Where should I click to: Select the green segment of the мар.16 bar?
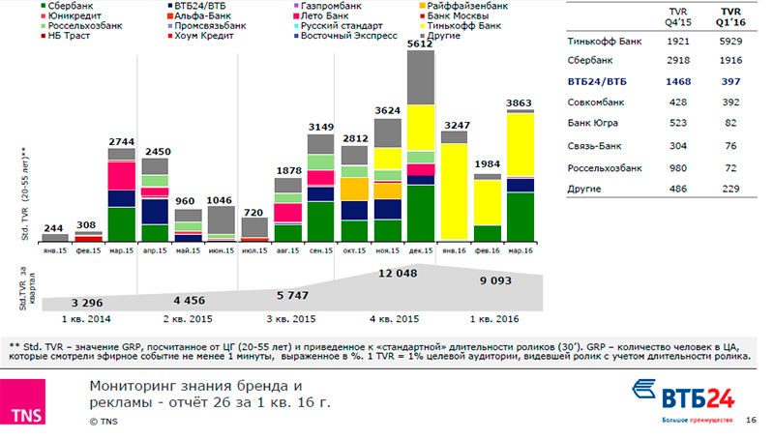[521, 218]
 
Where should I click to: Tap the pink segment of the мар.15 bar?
[121, 176]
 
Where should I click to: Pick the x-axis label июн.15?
[222, 249]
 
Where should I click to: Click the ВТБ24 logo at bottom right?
[683, 395]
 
